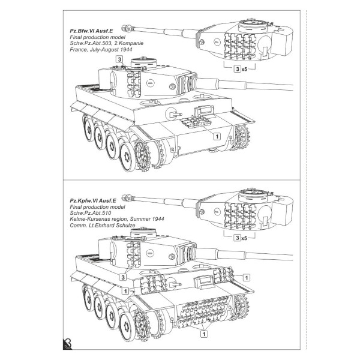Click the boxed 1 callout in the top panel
(217, 136)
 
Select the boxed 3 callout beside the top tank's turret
(120, 61)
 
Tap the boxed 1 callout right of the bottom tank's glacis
(246, 277)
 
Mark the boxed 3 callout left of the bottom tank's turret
(122, 277)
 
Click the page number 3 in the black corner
(67, 344)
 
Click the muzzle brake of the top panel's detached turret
(127, 28)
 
